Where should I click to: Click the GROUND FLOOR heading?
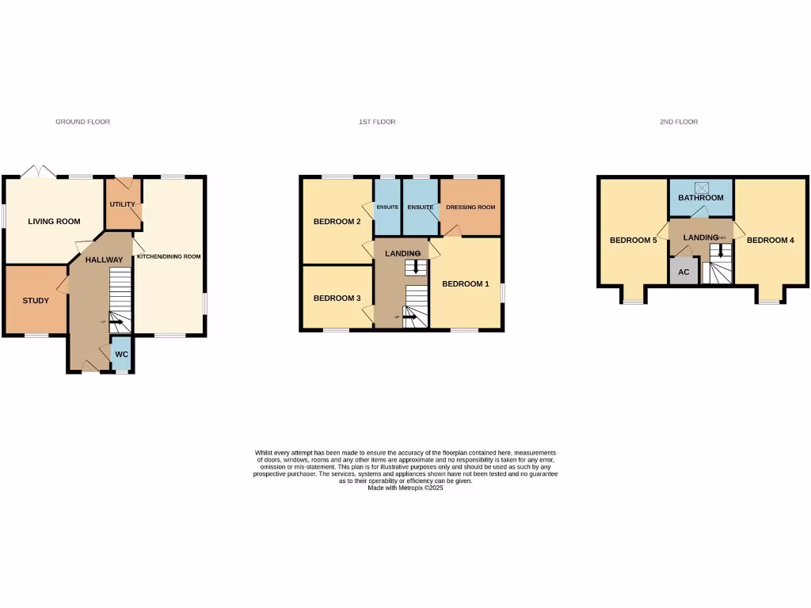[x=82, y=122]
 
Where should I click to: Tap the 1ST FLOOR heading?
[x=377, y=122]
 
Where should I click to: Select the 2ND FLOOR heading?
[x=679, y=122]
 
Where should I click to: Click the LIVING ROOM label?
[x=55, y=222]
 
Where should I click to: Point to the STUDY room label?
[x=36, y=301]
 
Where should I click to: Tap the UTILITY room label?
[x=123, y=204]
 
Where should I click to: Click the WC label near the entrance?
[x=121, y=354]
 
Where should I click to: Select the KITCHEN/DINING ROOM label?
[x=169, y=256]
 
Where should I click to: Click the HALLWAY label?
[x=105, y=260]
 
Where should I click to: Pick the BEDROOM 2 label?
[x=337, y=222]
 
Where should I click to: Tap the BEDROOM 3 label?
[x=337, y=298]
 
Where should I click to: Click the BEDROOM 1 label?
[x=466, y=283]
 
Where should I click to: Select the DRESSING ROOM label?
[x=470, y=207]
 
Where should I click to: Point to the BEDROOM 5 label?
[x=633, y=240]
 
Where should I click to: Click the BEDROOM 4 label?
[x=770, y=240]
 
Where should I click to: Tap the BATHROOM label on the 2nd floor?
[x=701, y=198]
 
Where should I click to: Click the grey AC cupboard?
[x=684, y=271]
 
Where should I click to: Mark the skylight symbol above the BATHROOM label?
[x=702, y=187]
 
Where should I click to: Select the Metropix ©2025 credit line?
[x=405, y=488]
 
